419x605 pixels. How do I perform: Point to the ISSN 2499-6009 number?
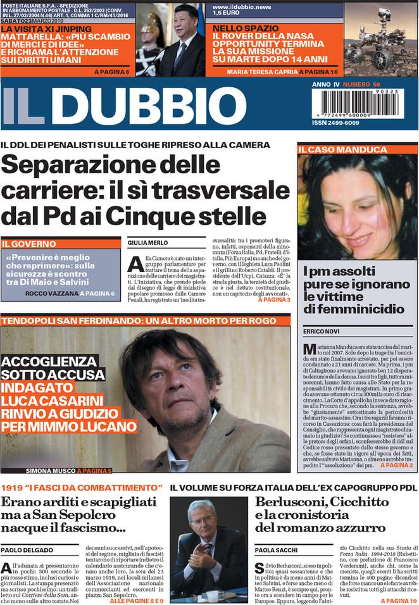point(335,123)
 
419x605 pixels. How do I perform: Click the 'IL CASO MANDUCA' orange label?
point(342,149)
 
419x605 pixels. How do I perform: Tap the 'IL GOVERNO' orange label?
point(24,243)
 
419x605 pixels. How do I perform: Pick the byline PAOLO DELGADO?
point(27,551)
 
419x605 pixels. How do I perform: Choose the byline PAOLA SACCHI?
point(277,551)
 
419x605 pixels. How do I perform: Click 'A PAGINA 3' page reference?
point(274,299)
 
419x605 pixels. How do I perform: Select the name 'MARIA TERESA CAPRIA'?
point(262,72)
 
